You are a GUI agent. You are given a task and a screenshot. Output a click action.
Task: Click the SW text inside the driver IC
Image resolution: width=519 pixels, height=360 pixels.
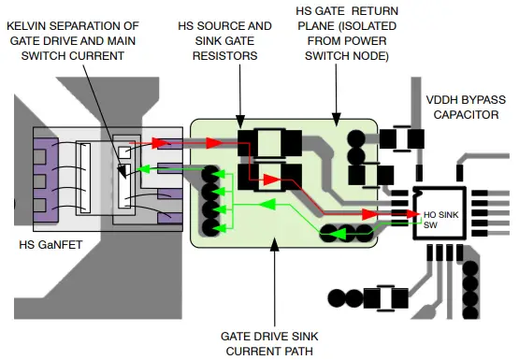[430, 225]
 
